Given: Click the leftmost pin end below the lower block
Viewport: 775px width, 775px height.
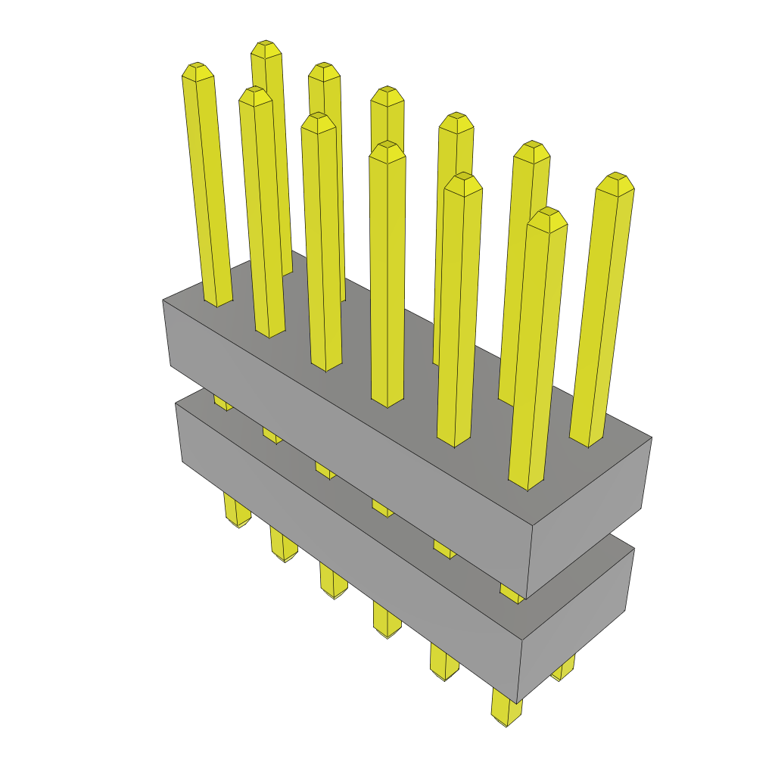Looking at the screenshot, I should [x=238, y=522].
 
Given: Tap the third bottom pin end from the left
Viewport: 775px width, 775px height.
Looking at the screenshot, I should [x=334, y=594].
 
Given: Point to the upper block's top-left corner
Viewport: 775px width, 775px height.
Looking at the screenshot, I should [x=163, y=300].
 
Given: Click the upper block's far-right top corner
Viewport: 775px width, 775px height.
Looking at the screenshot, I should [x=652, y=437].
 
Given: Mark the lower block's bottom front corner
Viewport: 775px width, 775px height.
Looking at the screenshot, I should [x=518, y=702].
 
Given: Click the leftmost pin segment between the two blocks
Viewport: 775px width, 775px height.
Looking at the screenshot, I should [x=222, y=401].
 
